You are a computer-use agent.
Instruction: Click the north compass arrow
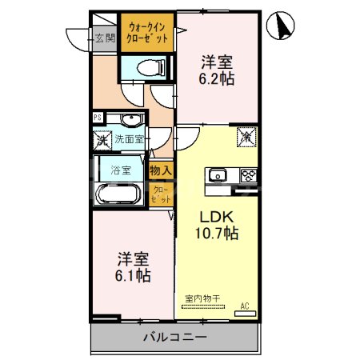pos(282,26)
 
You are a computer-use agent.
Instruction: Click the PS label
pos(98,118)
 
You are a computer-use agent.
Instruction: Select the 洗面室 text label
pos(128,139)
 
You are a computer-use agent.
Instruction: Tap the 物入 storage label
pos(160,170)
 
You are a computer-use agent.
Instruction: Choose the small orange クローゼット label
pos(160,194)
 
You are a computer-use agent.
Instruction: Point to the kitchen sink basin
pos(218,175)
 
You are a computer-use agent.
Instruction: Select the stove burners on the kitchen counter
pos(247,175)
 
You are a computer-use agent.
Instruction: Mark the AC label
pos(246,306)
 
